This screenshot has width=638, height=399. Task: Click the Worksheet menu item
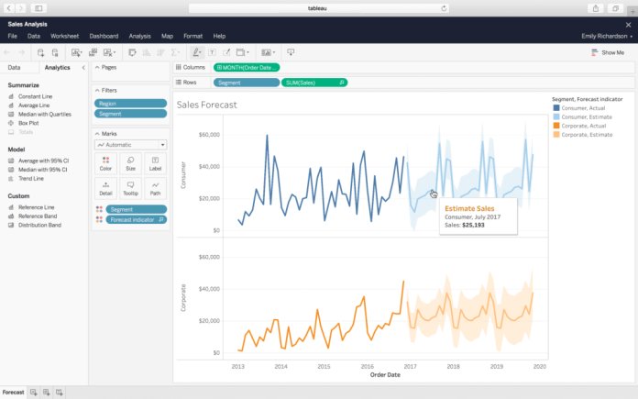(64, 36)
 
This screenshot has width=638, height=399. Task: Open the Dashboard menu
(103, 36)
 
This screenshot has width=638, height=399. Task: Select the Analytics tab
(57, 67)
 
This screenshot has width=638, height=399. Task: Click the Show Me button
(608, 52)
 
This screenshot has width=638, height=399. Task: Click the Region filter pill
(131, 104)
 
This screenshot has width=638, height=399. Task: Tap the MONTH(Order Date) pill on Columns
(247, 67)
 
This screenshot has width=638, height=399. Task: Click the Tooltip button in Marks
(130, 188)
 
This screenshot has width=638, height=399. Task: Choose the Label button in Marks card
(155, 164)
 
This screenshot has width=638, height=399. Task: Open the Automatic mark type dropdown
(131, 145)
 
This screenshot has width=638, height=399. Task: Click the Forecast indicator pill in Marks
(135, 220)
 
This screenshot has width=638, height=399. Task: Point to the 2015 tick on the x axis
(324, 365)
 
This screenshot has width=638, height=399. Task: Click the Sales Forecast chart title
(213, 105)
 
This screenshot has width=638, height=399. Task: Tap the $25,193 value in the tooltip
(473, 224)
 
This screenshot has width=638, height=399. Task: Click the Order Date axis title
(385, 374)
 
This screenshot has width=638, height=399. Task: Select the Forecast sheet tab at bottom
(13, 392)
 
